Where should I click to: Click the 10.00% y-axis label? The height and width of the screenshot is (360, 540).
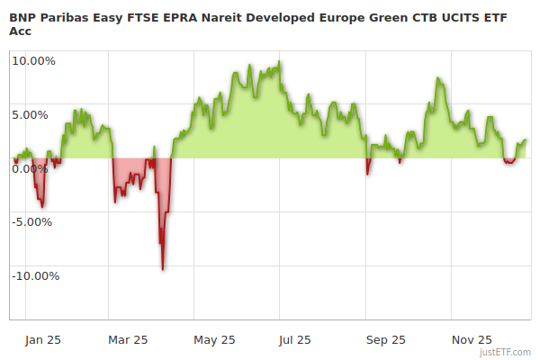(33, 61)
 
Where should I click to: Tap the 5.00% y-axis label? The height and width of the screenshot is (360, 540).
(36, 114)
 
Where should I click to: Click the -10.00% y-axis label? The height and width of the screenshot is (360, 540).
(36, 275)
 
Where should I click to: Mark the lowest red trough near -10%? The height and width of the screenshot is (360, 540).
(162, 268)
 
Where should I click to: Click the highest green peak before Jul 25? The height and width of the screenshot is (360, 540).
(280, 62)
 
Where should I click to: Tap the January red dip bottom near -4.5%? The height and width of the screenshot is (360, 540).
(42, 206)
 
